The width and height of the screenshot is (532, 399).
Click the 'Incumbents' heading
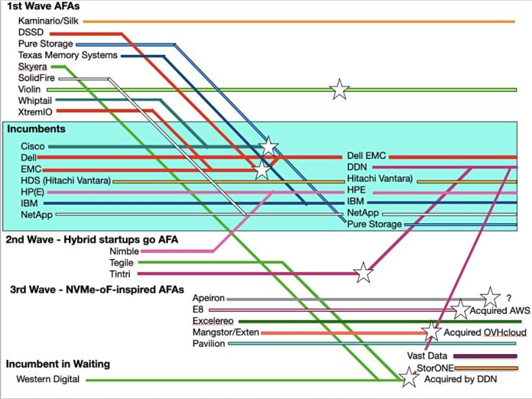pyautogui.click(x=33, y=129)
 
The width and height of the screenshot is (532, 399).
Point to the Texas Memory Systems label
pyautogui.click(x=68, y=56)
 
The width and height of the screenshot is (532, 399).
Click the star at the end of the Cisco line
pyautogui.click(x=268, y=146)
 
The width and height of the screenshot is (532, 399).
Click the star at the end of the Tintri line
pyautogui.click(x=364, y=272)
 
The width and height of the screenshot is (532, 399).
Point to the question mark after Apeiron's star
pyautogui.click(x=508, y=298)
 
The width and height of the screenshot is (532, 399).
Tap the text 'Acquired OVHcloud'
pyautogui.click(x=482, y=332)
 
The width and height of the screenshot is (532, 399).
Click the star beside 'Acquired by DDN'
pyautogui.click(x=410, y=377)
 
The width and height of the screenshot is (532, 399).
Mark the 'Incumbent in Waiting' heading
pyautogui.click(x=57, y=364)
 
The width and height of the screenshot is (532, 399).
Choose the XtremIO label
pyautogui.click(x=37, y=112)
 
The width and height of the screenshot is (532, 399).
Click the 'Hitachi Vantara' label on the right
pyautogui.click(x=380, y=179)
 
